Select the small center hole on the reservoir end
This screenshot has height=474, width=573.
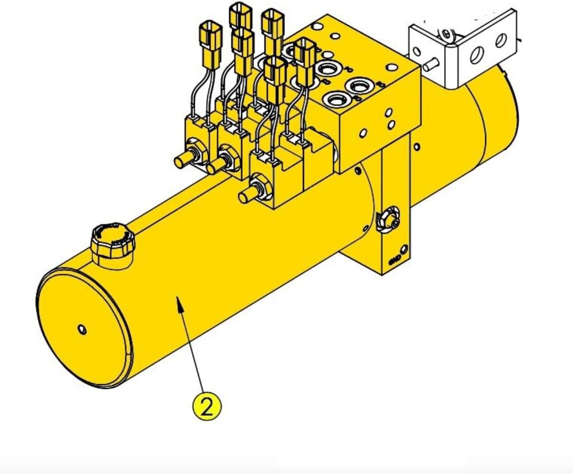coord(82,329)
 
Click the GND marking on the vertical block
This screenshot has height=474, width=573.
coord(395,261)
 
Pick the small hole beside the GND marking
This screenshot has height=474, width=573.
coord(404,248)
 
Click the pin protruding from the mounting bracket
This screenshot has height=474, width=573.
coord(433,63)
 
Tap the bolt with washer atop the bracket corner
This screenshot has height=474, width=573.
coord(446,34)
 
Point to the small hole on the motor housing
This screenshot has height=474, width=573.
coord(418,145)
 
